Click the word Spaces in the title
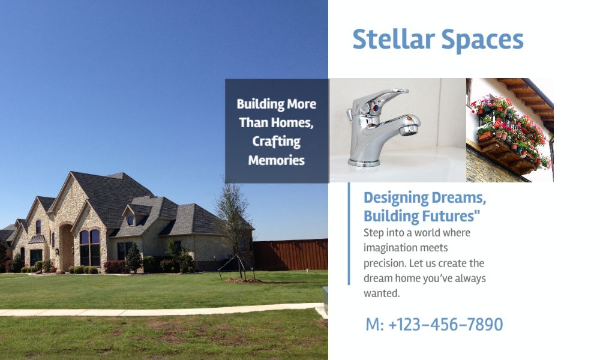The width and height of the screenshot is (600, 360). point(482,41)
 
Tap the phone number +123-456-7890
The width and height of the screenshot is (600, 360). point(445,325)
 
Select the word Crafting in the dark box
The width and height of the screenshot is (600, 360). point(276,142)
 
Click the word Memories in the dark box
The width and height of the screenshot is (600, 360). point(276,160)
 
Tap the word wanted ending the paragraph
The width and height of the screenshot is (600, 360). point(381,293)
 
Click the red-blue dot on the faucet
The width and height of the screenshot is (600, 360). point(376,108)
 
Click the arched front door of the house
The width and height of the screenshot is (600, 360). point(66,247)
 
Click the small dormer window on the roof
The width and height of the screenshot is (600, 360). point(130,220)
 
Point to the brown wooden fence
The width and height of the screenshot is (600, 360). point(290,255)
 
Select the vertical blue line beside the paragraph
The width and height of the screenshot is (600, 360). point(349,234)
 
